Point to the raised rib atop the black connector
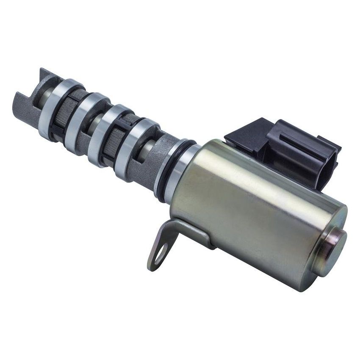[x=292, y=138]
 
